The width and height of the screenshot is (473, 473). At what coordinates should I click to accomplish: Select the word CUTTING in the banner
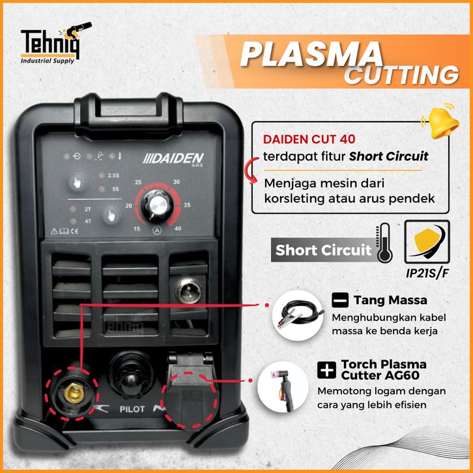pos(401,76)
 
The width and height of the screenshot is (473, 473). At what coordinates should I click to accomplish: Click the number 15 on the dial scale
pos(136,229)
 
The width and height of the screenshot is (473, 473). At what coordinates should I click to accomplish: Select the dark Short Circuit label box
pos(322,250)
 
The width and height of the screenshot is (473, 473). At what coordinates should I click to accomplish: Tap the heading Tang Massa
pos(390,300)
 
